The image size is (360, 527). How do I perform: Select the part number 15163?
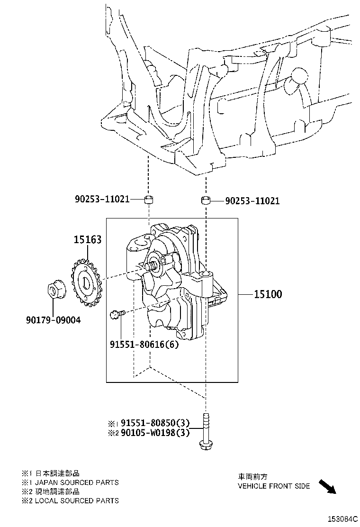87,240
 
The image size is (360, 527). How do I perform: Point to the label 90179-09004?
53,320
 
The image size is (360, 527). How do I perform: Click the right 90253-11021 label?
252,201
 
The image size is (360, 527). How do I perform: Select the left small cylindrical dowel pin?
148,199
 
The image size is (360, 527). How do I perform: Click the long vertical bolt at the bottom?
205,431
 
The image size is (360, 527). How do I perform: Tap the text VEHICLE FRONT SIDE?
273,486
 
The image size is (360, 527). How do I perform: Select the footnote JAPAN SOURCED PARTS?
77,482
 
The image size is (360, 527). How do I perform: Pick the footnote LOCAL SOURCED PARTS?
77,500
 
